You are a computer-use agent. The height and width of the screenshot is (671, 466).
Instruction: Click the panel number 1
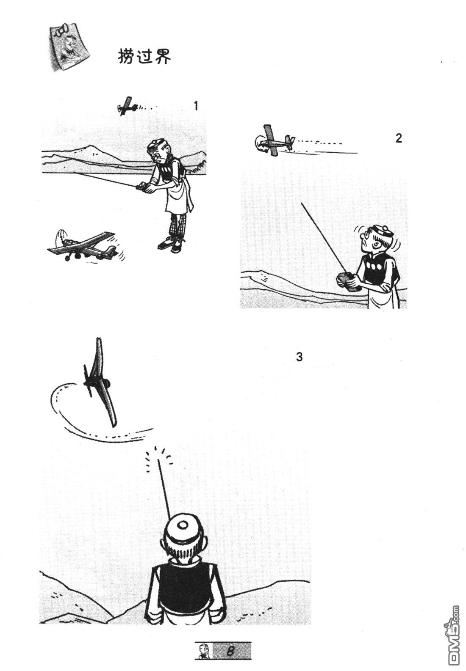(x=196, y=106)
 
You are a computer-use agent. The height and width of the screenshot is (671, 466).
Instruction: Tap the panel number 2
(x=399, y=138)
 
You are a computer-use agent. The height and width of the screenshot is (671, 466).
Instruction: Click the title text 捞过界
(x=144, y=56)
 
